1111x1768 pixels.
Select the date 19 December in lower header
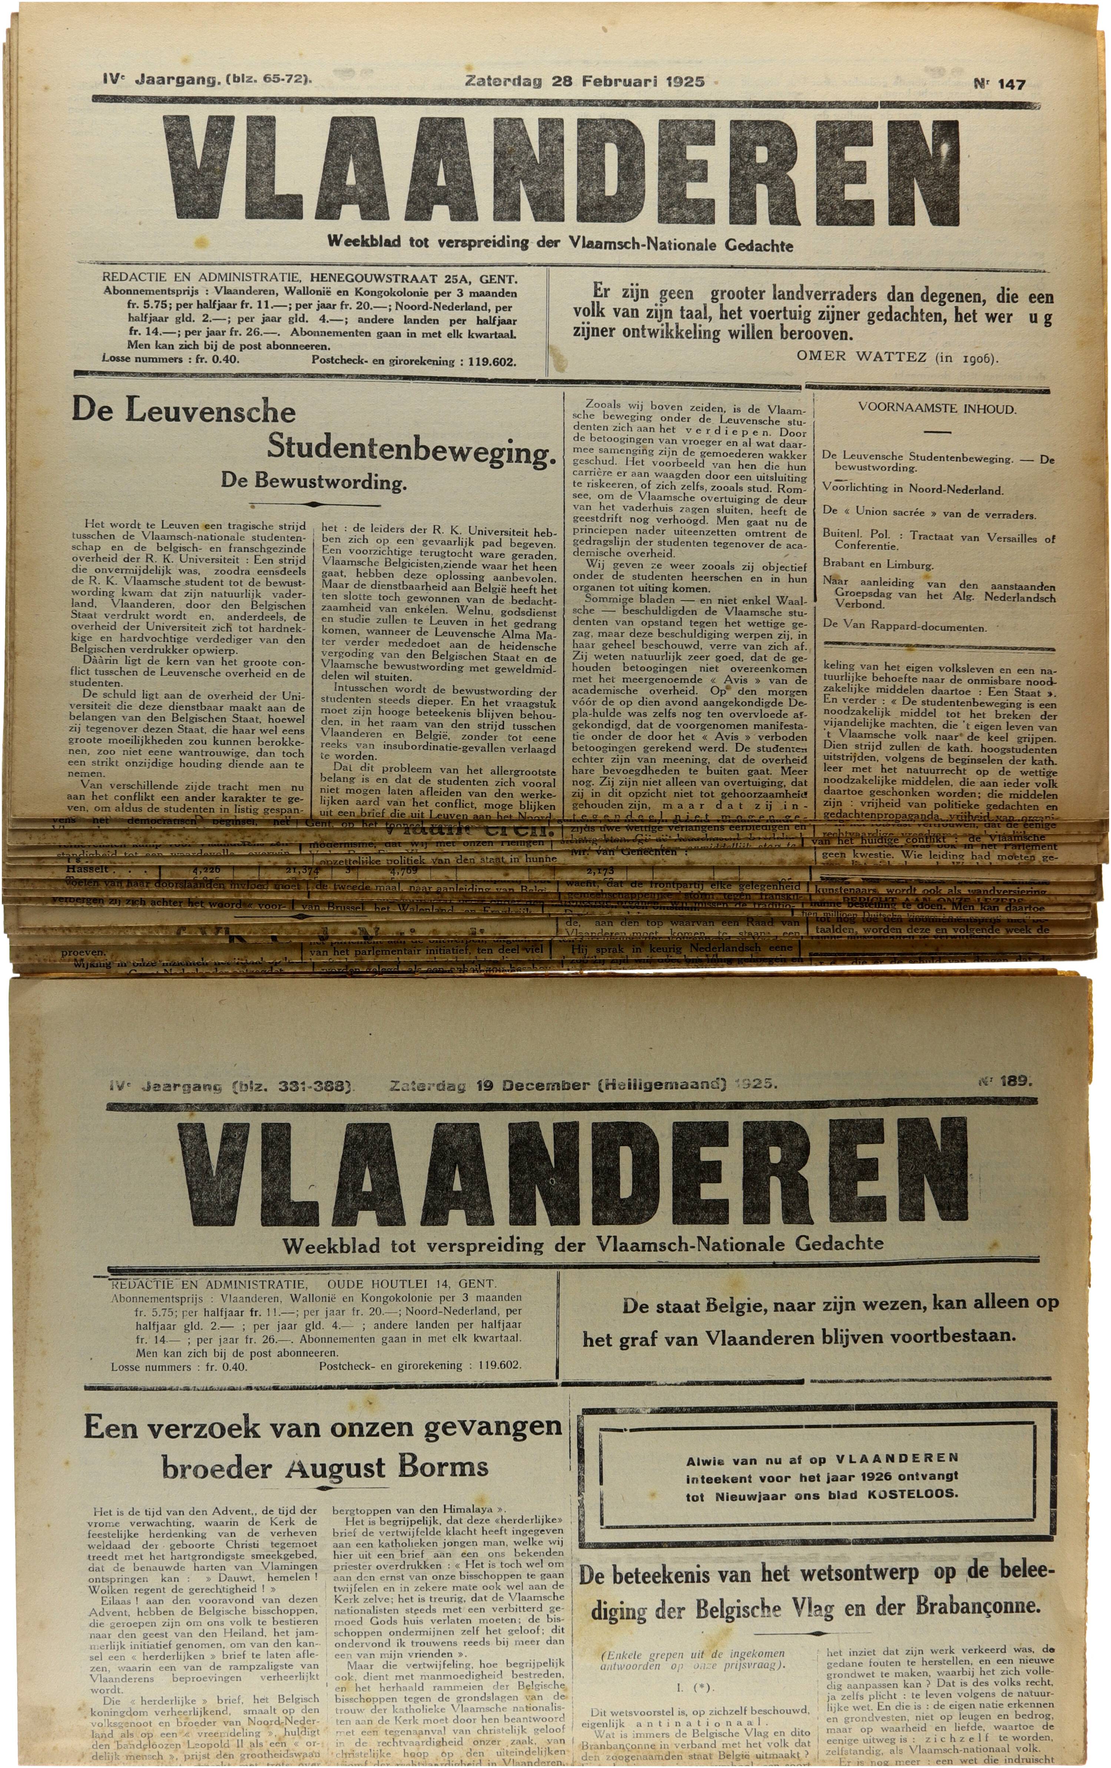(538, 1084)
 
